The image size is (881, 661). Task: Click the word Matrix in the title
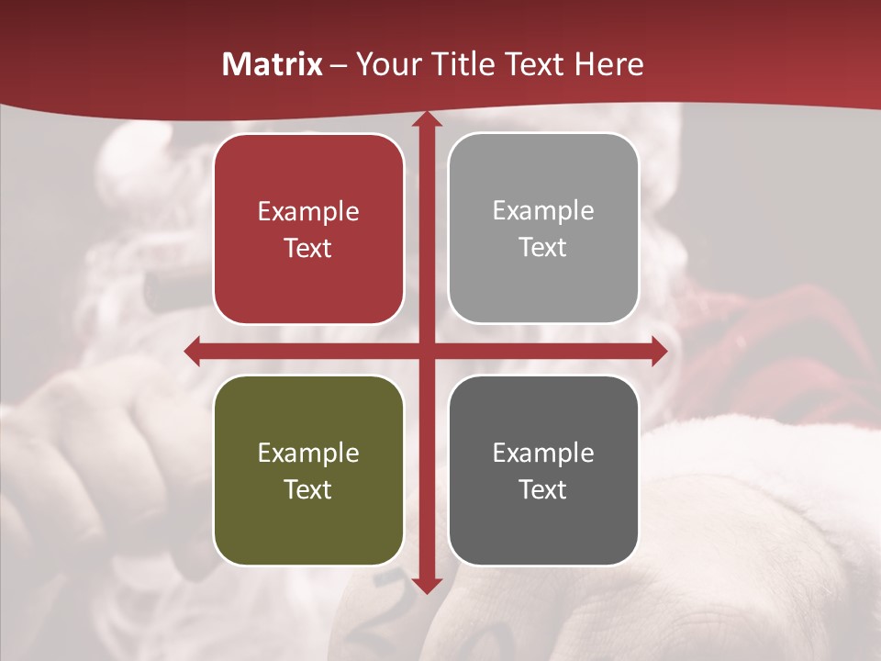(272, 64)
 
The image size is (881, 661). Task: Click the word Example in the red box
(308, 212)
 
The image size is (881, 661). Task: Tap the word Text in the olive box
(308, 489)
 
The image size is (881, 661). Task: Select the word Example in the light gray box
(543, 211)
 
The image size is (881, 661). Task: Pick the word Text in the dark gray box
(543, 489)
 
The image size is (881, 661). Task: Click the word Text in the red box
(308, 248)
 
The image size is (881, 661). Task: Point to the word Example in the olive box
(308, 454)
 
